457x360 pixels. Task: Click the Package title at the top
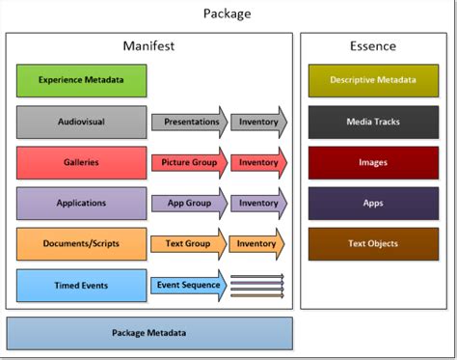click(x=228, y=14)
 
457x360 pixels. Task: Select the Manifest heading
click(x=148, y=45)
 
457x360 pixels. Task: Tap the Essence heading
click(x=372, y=45)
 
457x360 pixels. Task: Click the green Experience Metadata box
click(x=82, y=80)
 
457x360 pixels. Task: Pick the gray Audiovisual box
click(x=82, y=122)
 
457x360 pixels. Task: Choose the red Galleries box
click(x=82, y=162)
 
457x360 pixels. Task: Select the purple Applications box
click(x=82, y=203)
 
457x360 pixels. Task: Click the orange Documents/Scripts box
click(x=82, y=243)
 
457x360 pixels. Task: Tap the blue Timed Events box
click(x=82, y=285)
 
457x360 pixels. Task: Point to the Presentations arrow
click(x=189, y=122)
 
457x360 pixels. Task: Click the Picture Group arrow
click(x=189, y=162)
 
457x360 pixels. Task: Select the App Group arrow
click(x=189, y=203)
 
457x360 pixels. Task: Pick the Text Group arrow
click(x=189, y=243)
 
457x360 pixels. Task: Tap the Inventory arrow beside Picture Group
click(x=257, y=162)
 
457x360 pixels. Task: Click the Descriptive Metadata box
click(x=372, y=80)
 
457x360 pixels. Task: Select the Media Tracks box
click(x=372, y=122)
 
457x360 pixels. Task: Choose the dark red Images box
click(x=372, y=162)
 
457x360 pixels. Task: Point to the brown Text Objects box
click(x=372, y=243)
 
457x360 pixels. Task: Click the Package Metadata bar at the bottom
click(x=148, y=333)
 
